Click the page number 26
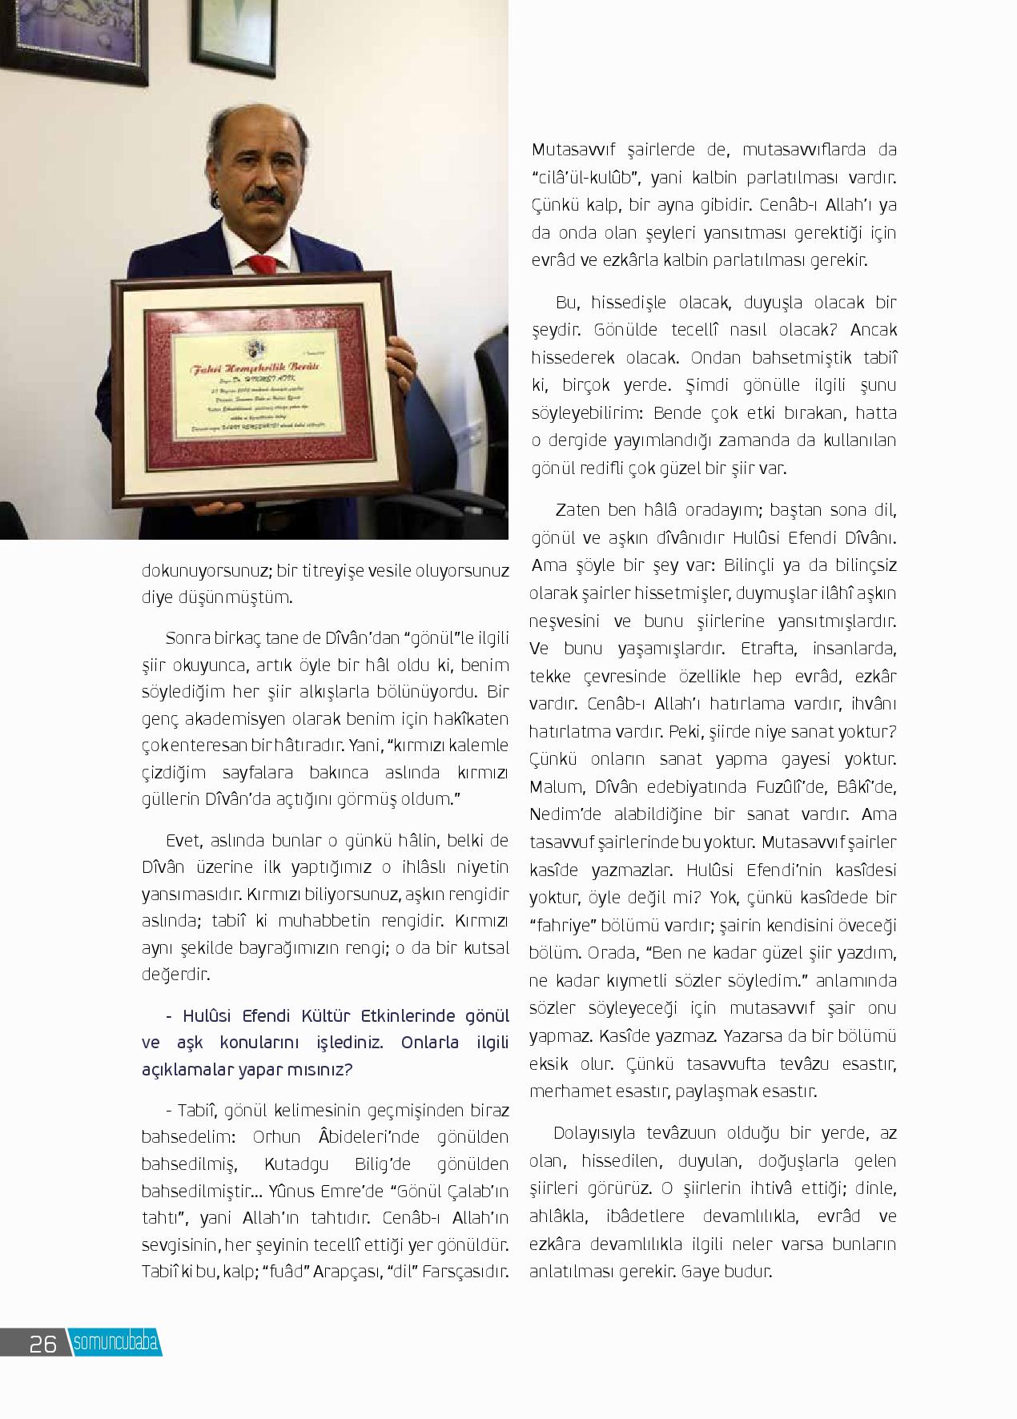coord(42,1343)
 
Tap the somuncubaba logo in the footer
coord(115,1343)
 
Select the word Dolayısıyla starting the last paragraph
coord(593,1133)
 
